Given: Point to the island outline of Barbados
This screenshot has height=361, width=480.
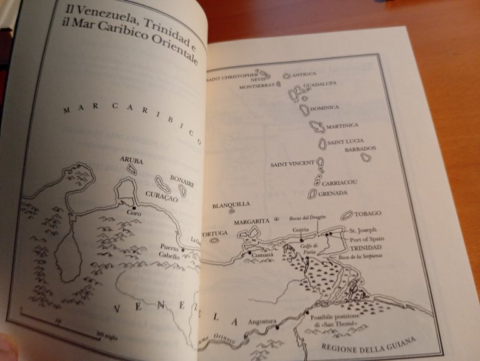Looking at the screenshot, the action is [366, 158].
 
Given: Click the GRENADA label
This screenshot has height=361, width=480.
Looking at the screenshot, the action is [332, 193].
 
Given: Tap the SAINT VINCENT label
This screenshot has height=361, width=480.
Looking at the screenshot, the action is [292, 165].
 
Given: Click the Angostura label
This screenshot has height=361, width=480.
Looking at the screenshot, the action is [262, 322].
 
